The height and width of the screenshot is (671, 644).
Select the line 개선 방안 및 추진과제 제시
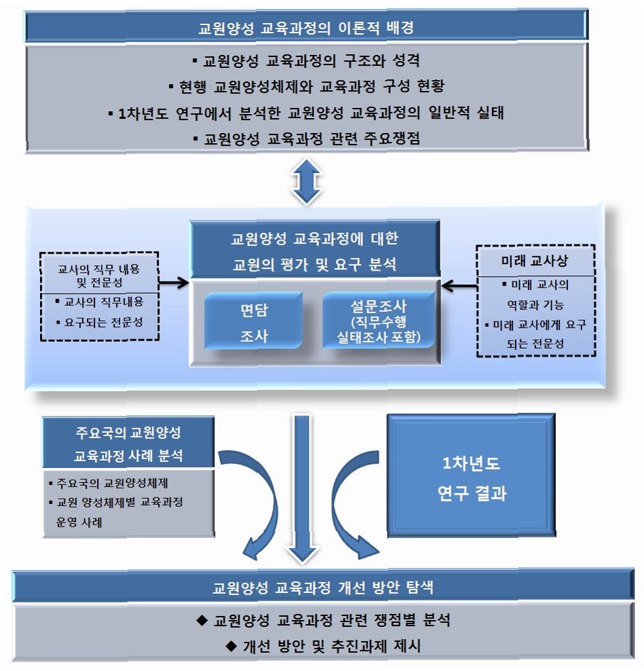click(x=322, y=646)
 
